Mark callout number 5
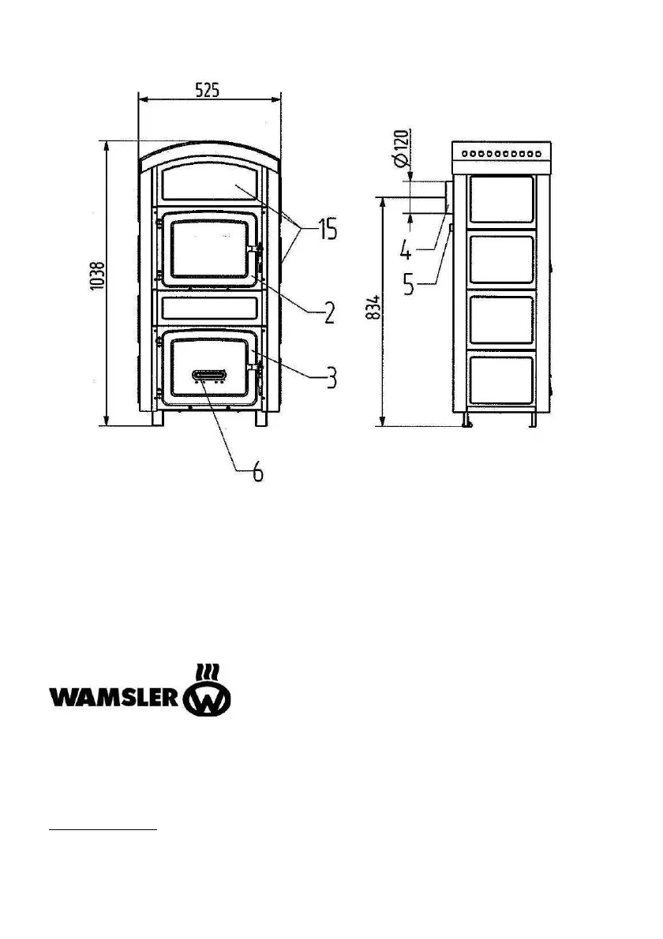408,282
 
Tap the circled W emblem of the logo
208,698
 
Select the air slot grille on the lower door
210,375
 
